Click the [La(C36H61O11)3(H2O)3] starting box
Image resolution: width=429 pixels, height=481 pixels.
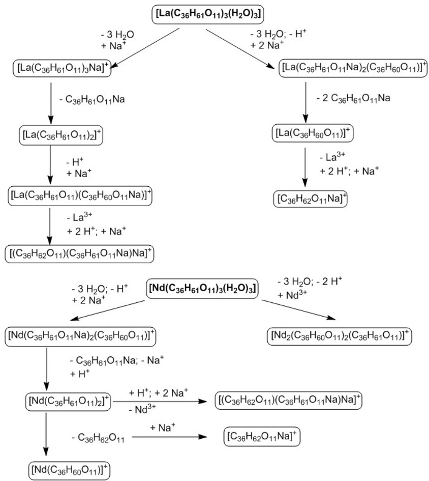(x=207, y=15)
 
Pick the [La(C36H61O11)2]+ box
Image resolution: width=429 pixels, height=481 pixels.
(x=57, y=135)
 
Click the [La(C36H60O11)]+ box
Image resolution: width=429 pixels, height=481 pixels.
(x=312, y=134)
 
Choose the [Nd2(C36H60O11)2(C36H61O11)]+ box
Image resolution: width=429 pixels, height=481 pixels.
(x=339, y=335)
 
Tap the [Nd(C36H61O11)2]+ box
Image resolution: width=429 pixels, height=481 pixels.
(x=68, y=402)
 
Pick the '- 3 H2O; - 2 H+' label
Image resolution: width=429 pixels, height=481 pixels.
(x=311, y=281)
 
